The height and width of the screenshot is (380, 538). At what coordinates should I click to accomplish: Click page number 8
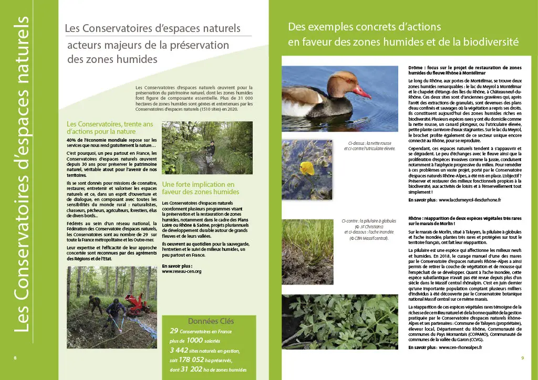15,358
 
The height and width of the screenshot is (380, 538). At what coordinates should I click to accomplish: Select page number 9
522,358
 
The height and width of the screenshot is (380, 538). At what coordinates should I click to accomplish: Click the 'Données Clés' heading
209,321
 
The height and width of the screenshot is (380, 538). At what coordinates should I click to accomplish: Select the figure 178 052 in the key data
188,360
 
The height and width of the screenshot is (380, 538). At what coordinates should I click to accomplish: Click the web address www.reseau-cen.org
182,271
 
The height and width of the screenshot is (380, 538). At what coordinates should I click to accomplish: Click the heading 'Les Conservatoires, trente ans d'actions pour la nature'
110,128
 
